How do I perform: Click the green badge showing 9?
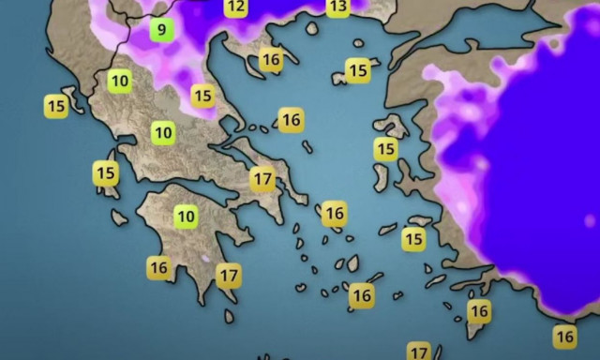coord(162,29)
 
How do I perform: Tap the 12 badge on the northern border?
coord(235,7)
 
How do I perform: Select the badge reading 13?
coord(337,7)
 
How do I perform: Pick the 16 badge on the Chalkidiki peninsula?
coord(271,60)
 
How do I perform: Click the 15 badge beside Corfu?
coord(55,106)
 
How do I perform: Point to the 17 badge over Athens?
coord(262,177)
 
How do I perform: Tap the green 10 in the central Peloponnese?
coord(186,217)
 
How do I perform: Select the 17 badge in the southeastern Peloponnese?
coord(229,276)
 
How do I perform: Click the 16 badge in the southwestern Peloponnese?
coord(158,268)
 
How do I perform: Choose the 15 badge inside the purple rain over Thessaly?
coord(202,96)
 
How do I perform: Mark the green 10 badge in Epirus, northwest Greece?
coord(119,81)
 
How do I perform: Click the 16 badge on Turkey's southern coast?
coord(564,336)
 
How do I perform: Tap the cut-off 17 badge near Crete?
coord(419,352)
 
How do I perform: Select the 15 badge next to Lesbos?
coord(385,148)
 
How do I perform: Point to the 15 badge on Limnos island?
coord(357,69)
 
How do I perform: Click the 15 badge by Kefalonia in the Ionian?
coord(106,173)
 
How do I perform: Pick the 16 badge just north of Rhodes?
coord(479,310)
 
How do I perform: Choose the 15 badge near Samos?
coord(413,239)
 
